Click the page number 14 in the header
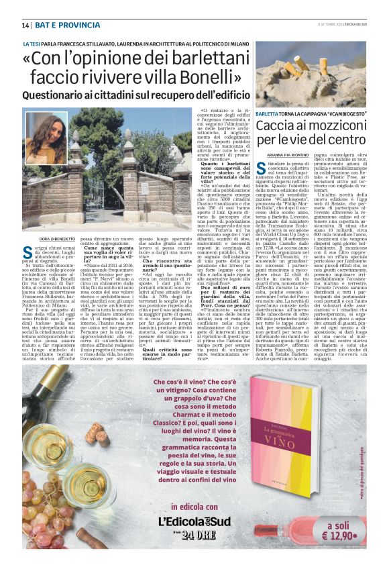pos(25,25)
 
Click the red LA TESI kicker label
pos(32,43)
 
